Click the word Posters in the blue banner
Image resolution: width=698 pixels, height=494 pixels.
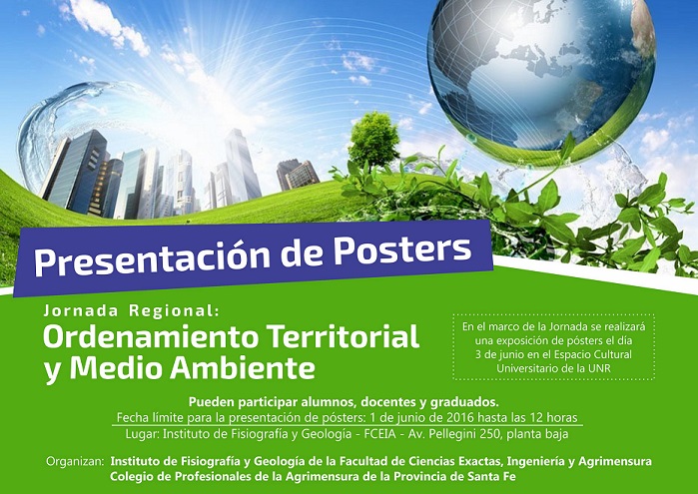pyautogui.click(x=402, y=249)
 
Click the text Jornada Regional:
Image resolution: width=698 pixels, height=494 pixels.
pyautogui.click(x=132, y=310)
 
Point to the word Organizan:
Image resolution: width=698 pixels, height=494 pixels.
pyautogui.click(x=75, y=461)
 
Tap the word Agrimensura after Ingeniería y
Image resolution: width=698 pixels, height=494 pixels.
pyautogui.click(x=615, y=461)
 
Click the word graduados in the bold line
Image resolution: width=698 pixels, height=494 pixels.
pyautogui.click(x=464, y=402)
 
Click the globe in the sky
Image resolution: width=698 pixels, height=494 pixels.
pyautogui.click(x=541, y=80)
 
